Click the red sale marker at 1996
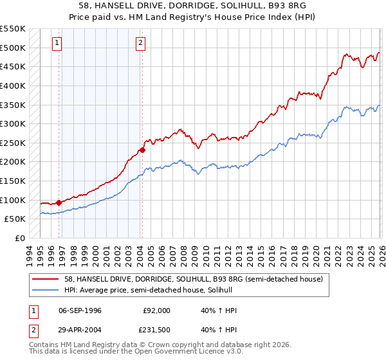click(x=59, y=203)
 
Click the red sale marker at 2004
click(x=142, y=150)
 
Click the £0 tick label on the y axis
click(x=20, y=238)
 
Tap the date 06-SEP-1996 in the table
click(x=80, y=309)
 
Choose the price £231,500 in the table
click(x=156, y=330)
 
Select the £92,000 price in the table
click(x=156, y=309)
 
